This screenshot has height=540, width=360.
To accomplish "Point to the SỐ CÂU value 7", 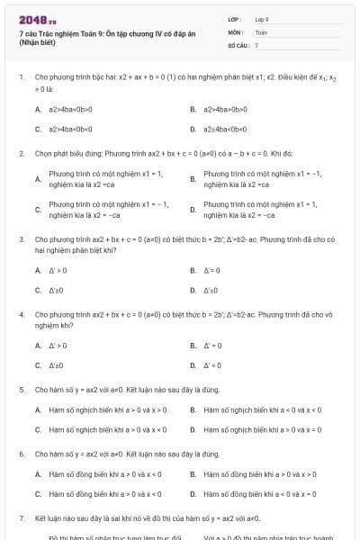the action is coord(256,44).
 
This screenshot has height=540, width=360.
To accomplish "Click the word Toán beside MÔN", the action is coord(261,31).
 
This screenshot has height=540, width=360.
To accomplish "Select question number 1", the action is coord(21,77).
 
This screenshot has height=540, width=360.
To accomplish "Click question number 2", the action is coord(21,154).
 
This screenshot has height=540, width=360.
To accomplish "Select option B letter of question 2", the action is coord(193,179).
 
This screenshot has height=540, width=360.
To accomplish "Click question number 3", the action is coord(21,240).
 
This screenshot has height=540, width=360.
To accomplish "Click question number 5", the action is coord(21,390).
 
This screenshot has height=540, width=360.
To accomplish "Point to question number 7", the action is coord(21,519).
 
